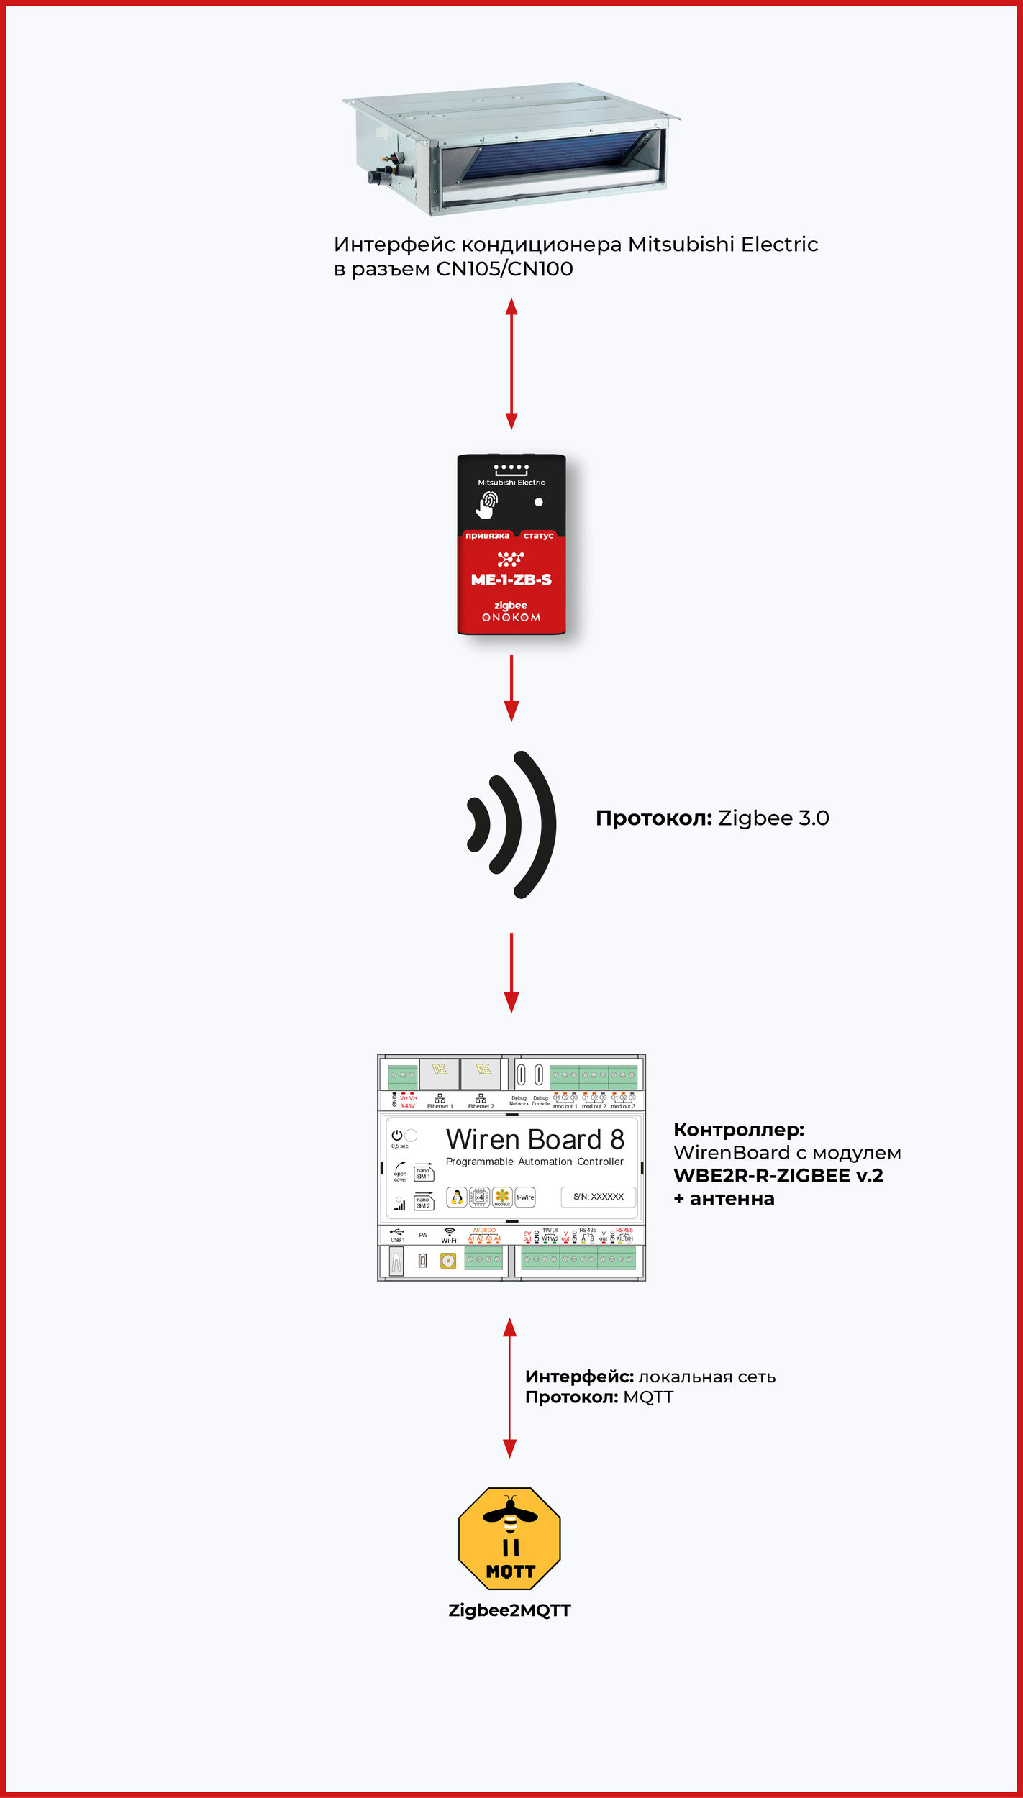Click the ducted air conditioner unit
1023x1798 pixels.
[x=511, y=148]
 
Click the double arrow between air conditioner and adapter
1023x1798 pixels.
[x=511, y=364]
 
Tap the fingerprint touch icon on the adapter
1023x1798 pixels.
[x=487, y=504]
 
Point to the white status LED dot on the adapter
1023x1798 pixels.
[x=538, y=502]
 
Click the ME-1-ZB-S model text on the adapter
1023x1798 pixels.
[x=511, y=580]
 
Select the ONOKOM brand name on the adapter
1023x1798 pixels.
[x=511, y=618]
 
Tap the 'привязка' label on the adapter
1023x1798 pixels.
[x=487, y=535]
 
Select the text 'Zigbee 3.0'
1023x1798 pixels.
[x=773, y=818]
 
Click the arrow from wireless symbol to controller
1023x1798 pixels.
[x=511, y=972]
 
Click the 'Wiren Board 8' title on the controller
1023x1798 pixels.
[x=535, y=1140]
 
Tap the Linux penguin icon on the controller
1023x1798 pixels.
[x=456, y=1197]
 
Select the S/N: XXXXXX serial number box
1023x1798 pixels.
[x=598, y=1197]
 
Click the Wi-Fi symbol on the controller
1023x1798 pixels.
[x=449, y=1233]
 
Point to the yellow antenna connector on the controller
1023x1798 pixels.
[x=448, y=1261]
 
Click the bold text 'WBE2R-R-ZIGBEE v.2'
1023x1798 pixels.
[x=778, y=1176]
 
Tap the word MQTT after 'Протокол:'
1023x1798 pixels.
[x=648, y=1397]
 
